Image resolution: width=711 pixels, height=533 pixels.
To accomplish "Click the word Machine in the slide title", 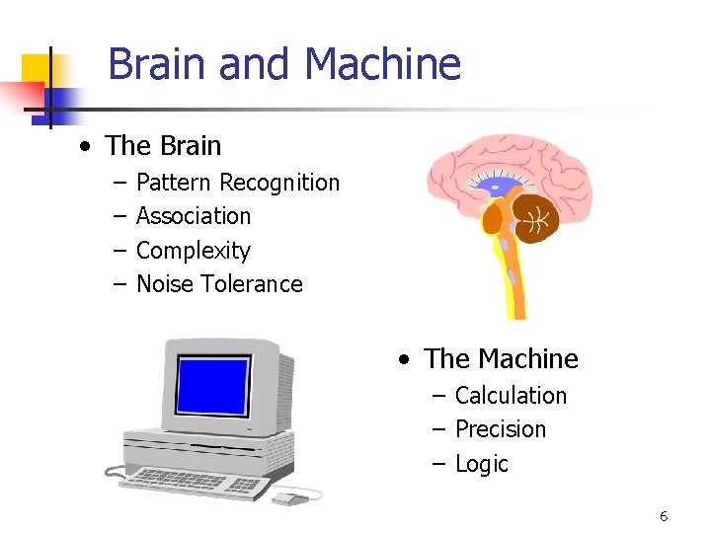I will point(383,65).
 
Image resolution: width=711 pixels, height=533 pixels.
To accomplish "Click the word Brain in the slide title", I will point(158,65).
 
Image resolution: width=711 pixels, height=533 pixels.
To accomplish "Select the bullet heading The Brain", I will point(163,146).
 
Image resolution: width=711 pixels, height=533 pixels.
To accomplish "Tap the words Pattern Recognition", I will point(237,183).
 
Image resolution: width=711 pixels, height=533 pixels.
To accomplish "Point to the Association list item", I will point(194,216).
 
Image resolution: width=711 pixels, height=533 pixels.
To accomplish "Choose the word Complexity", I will point(194,251).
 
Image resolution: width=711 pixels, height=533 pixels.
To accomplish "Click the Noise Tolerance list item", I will point(219,284).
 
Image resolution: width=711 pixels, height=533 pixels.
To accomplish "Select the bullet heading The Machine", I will point(501,358).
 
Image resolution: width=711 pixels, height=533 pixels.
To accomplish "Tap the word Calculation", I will point(511,396).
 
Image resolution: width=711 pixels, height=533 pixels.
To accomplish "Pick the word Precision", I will point(500,429).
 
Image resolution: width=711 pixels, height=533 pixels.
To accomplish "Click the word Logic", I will point(481,464).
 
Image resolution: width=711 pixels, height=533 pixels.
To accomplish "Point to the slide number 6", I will point(664,516).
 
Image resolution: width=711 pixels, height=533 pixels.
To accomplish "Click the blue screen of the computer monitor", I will point(212,386).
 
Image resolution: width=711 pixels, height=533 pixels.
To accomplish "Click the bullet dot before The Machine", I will point(404,359).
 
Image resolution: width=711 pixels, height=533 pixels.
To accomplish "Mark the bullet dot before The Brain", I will point(87,147).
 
